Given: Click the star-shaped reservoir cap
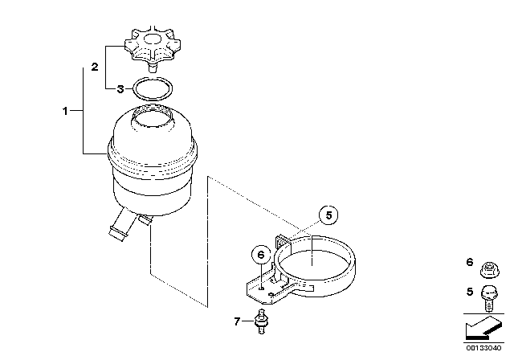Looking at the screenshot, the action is coord(153,46).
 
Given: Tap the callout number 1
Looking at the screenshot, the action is coord(65,111).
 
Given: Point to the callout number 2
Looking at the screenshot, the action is coord(95,67).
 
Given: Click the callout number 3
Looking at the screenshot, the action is coord(120,89).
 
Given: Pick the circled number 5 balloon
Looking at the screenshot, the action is coord(328,215).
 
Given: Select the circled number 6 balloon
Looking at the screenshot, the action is coord(261,255).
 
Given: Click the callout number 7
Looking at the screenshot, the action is coord(237,321).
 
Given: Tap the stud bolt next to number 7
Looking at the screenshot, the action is coord(261,321).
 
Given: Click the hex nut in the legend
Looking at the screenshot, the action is coord(489,269).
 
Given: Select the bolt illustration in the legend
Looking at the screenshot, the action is coord(489,298).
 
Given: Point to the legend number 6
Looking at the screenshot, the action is coord(470,262).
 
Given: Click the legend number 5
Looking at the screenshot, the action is coord(470,292).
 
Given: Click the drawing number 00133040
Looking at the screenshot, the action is coord(483,348).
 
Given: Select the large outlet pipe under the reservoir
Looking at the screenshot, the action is coord(120,224).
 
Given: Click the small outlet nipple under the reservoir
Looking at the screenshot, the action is coord(145,219).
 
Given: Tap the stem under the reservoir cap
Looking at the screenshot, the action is coord(152,67).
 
